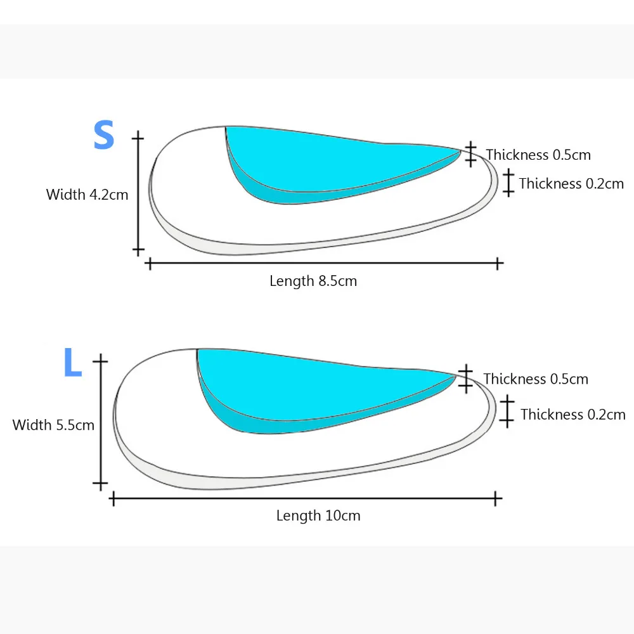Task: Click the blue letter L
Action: [72, 362]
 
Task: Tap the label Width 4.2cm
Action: [87, 195]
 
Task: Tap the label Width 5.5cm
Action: [53, 425]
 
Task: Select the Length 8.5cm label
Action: [313, 281]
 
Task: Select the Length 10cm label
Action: [318, 515]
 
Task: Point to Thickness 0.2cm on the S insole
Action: [571, 184]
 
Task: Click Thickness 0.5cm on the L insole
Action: [536, 379]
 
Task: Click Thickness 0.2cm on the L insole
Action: [573, 415]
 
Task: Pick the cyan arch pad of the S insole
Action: [317, 158]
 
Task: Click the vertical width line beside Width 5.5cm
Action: [100, 423]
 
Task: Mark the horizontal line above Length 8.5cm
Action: [323, 262]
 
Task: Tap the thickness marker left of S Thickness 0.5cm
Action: [470, 154]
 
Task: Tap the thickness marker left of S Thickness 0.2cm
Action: [508, 182]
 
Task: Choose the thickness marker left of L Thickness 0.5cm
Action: [466, 378]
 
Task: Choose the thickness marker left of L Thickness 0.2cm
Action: [507, 411]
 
